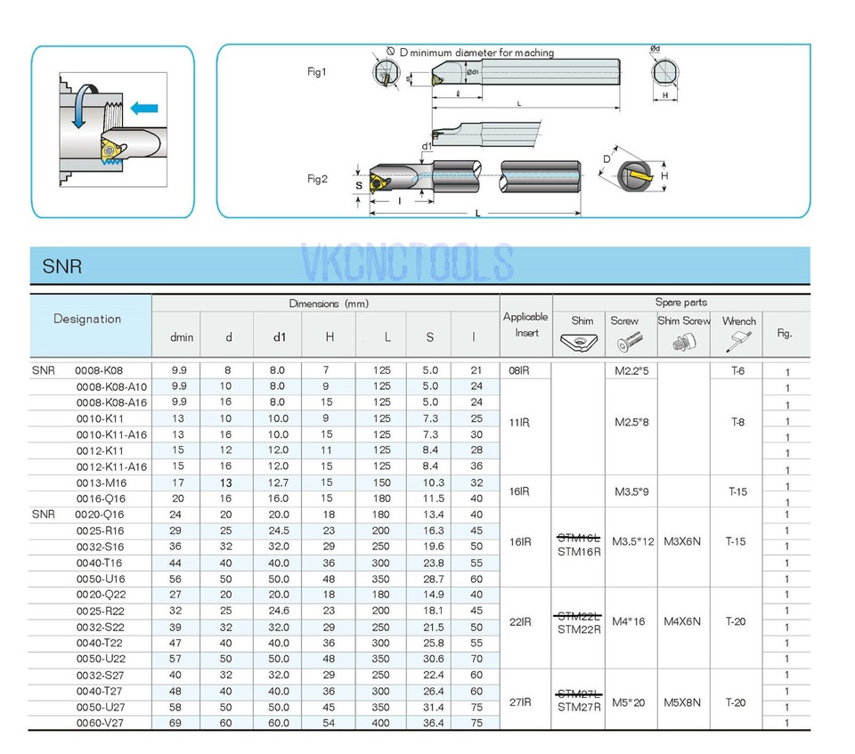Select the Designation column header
coord(87,319)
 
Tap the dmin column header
coord(182,336)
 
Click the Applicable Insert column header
coord(525,324)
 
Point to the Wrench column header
coord(738,320)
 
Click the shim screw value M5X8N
coord(683,702)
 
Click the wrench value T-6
coord(737,370)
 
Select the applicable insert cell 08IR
coord(519,370)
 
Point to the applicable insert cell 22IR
coord(519,621)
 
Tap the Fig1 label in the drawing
coord(316,72)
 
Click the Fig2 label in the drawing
coord(317,179)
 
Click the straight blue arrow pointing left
coord(143,109)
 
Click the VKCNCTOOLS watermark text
coord(408,263)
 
